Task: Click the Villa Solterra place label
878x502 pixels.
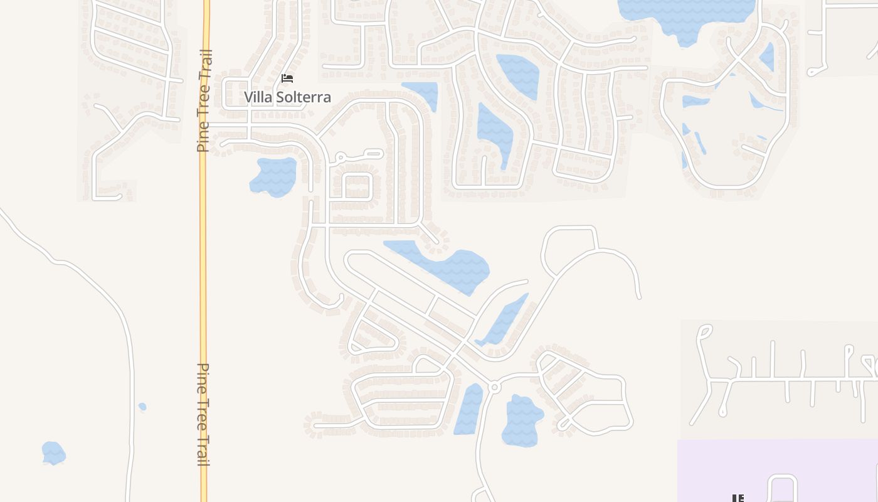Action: pos(287,97)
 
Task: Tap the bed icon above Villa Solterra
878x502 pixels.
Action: pos(287,78)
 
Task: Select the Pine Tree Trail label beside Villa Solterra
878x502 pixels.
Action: pos(204,100)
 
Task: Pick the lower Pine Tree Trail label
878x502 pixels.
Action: pos(204,414)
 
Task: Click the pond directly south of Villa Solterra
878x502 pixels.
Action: pos(274,176)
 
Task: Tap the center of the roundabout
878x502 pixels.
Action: pos(494,388)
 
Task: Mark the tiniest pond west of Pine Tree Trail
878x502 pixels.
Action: pos(142,407)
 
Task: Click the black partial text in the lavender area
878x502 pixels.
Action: pos(738,498)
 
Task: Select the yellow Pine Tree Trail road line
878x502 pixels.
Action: pos(203,251)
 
